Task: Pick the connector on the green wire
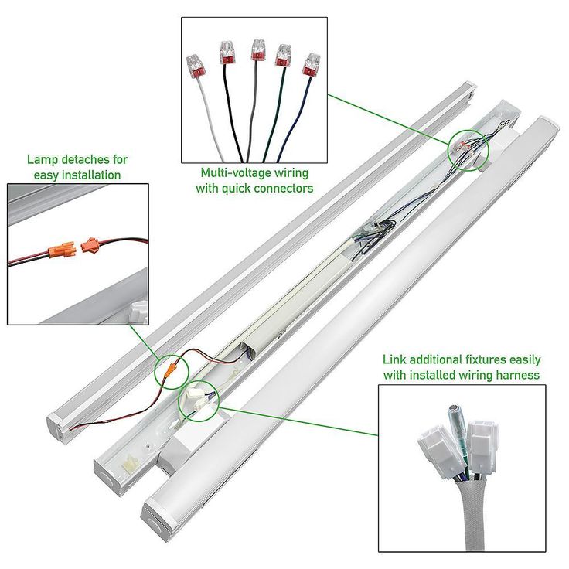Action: pyautogui.click(x=284, y=56)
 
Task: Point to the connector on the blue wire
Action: pyautogui.click(x=311, y=63)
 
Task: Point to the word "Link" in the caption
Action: pyautogui.click(x=394, y=360)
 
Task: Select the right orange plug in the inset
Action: pyautogui.click(x=90, y=246)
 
